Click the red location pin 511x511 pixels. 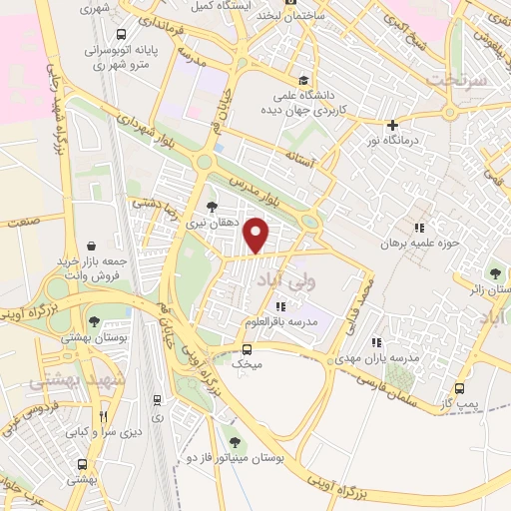click(258, 235)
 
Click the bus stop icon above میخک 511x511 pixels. click(248, 349)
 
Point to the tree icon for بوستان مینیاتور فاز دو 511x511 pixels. click(235, 440)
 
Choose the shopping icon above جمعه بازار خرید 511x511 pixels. click(92, 245)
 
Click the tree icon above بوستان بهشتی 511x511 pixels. click(94, 321)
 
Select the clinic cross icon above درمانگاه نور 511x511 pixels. click(394, 126)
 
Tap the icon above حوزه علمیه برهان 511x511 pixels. click(419, 228)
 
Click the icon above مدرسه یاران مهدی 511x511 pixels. click(375, 341)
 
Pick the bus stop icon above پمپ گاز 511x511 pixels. click(459, 388)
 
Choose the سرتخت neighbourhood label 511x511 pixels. click(454, 78)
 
